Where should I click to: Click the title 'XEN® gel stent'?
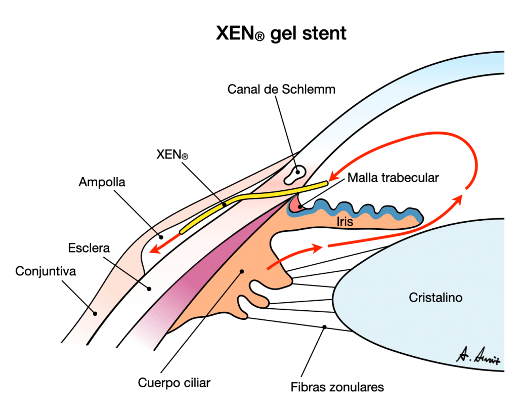point(281,34)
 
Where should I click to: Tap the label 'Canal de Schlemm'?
point(281,90)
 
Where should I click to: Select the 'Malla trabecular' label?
point(393,178)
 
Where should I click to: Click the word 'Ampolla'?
point(102,182)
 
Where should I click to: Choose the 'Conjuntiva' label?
point(46,271)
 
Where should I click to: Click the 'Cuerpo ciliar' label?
point(174,382)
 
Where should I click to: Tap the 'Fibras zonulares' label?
point(337,387)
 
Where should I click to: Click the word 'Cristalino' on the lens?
point(435,298)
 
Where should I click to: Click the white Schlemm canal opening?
point(294,174)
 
